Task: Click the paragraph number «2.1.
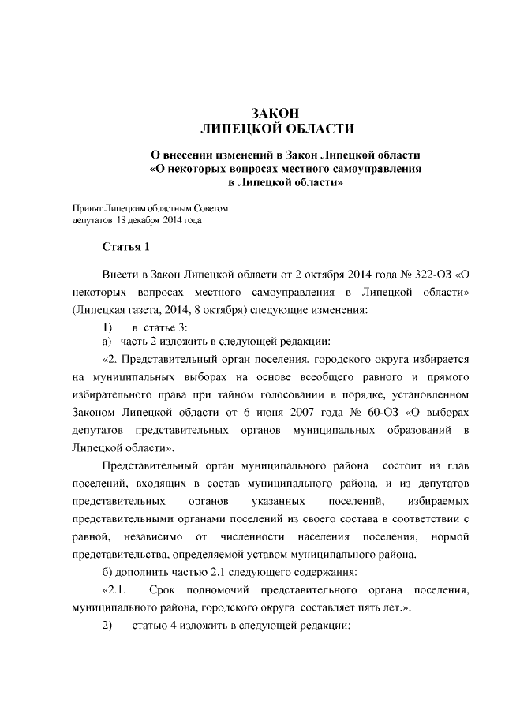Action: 114,590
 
